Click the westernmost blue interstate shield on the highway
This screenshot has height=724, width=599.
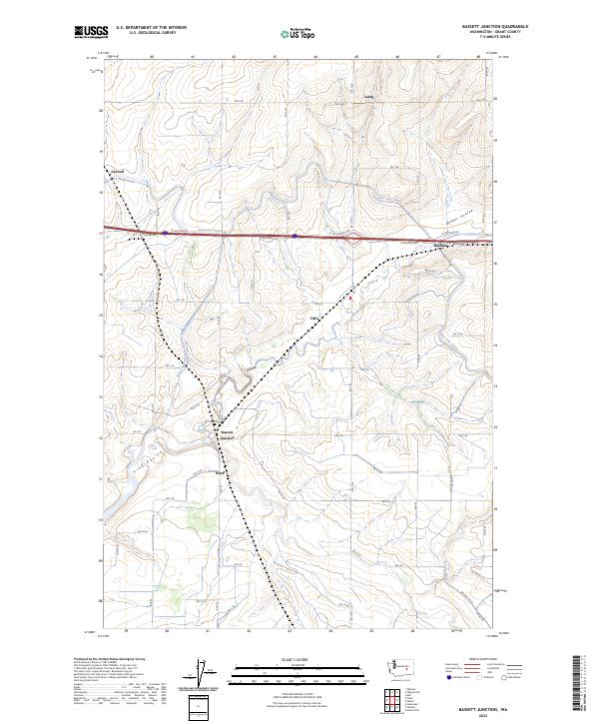click(x=165, y=233)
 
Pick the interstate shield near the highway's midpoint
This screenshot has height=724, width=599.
click(x=296, y=237)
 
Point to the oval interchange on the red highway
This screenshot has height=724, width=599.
click(x=352, y=239)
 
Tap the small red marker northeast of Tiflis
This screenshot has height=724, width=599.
click(x=350, y=296)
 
